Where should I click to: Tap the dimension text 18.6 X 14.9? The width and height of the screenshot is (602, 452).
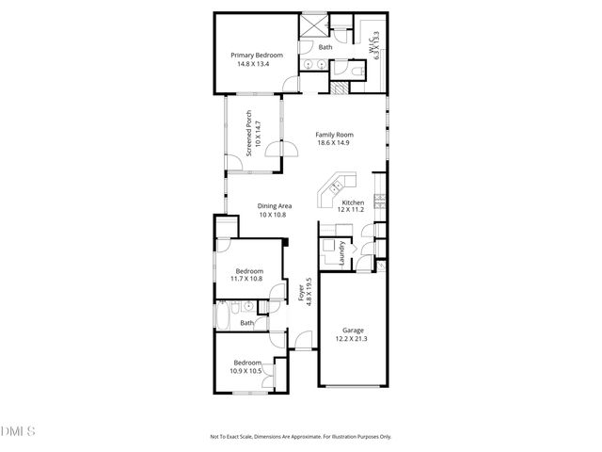coord(333,142)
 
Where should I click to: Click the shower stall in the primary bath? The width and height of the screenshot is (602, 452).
coord(312,24)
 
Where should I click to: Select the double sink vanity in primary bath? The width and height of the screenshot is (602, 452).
coord(313,65)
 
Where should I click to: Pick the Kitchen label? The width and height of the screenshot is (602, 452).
coord(353,203)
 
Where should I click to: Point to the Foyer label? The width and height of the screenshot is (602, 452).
coord(301,293)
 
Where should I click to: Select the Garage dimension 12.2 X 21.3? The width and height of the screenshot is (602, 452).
coord(353,339)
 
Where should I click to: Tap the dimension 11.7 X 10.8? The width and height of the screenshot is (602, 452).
coord(249,280)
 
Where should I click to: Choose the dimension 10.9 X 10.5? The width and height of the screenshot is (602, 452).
coord(246,371)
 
